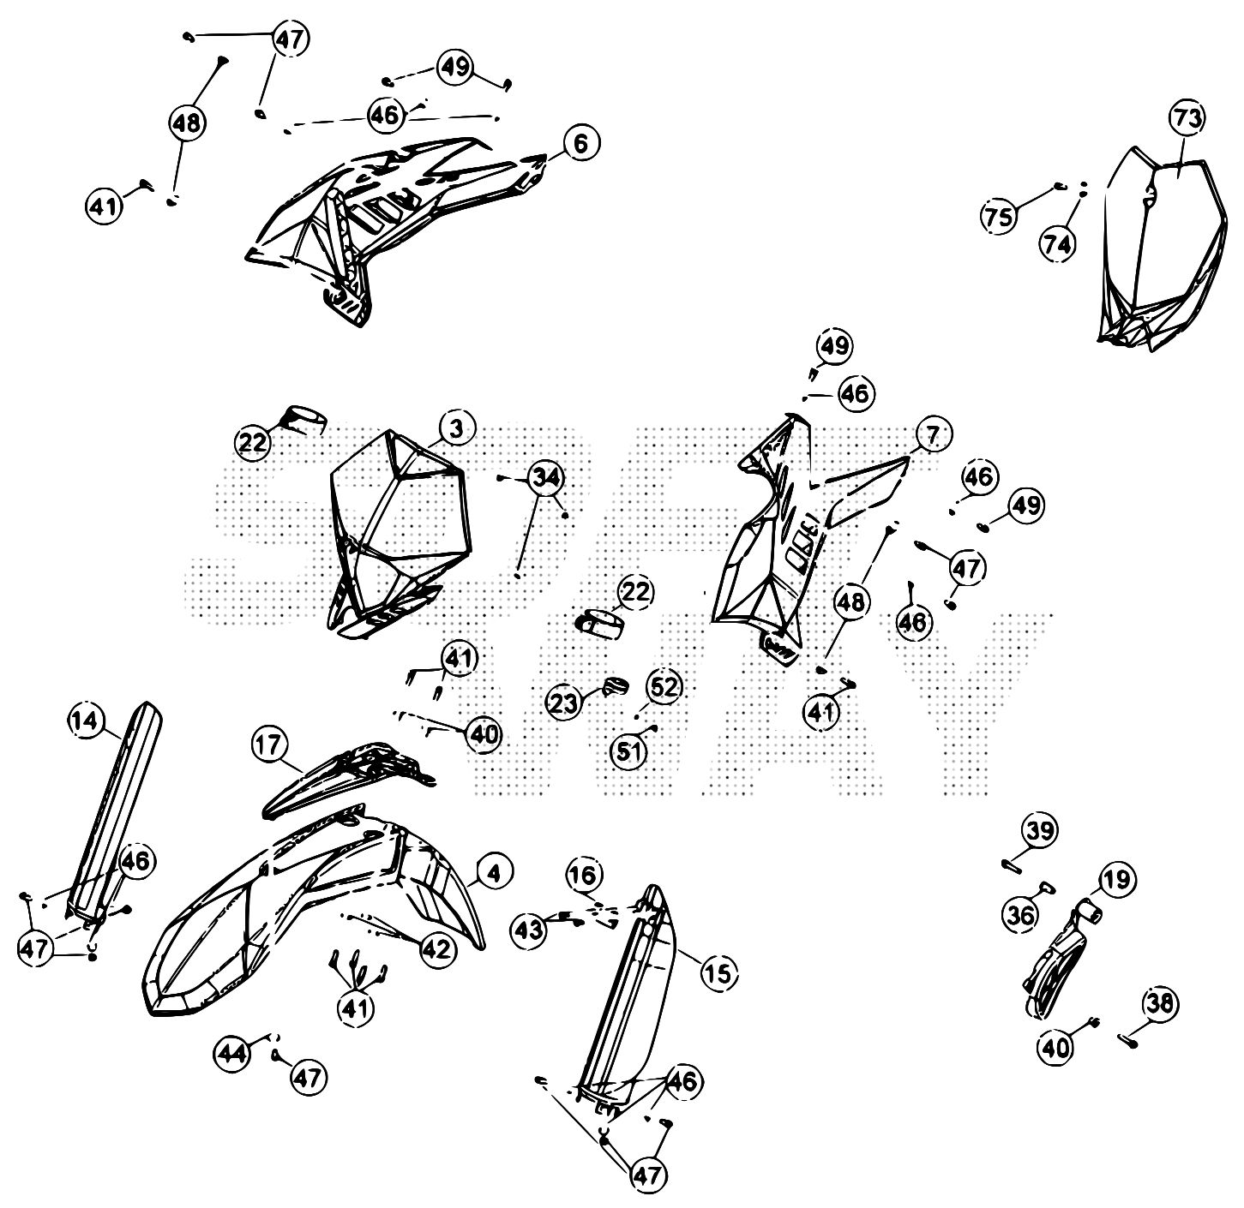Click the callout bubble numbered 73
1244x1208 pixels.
click(1188, 120)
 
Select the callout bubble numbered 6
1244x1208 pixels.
click(580, 144)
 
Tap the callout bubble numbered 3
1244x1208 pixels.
click(456, 428)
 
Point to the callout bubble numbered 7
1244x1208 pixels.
click(932, 436)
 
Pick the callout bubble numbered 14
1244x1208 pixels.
click(85, 721)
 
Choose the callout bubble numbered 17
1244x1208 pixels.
click(269, 745)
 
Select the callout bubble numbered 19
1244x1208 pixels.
click(1117, 879)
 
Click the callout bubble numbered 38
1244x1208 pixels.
click(1160, 1003)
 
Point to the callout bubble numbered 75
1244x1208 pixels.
click(999, 216)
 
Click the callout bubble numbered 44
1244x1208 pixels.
click(232, 1050)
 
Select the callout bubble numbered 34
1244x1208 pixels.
click(545, 479)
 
